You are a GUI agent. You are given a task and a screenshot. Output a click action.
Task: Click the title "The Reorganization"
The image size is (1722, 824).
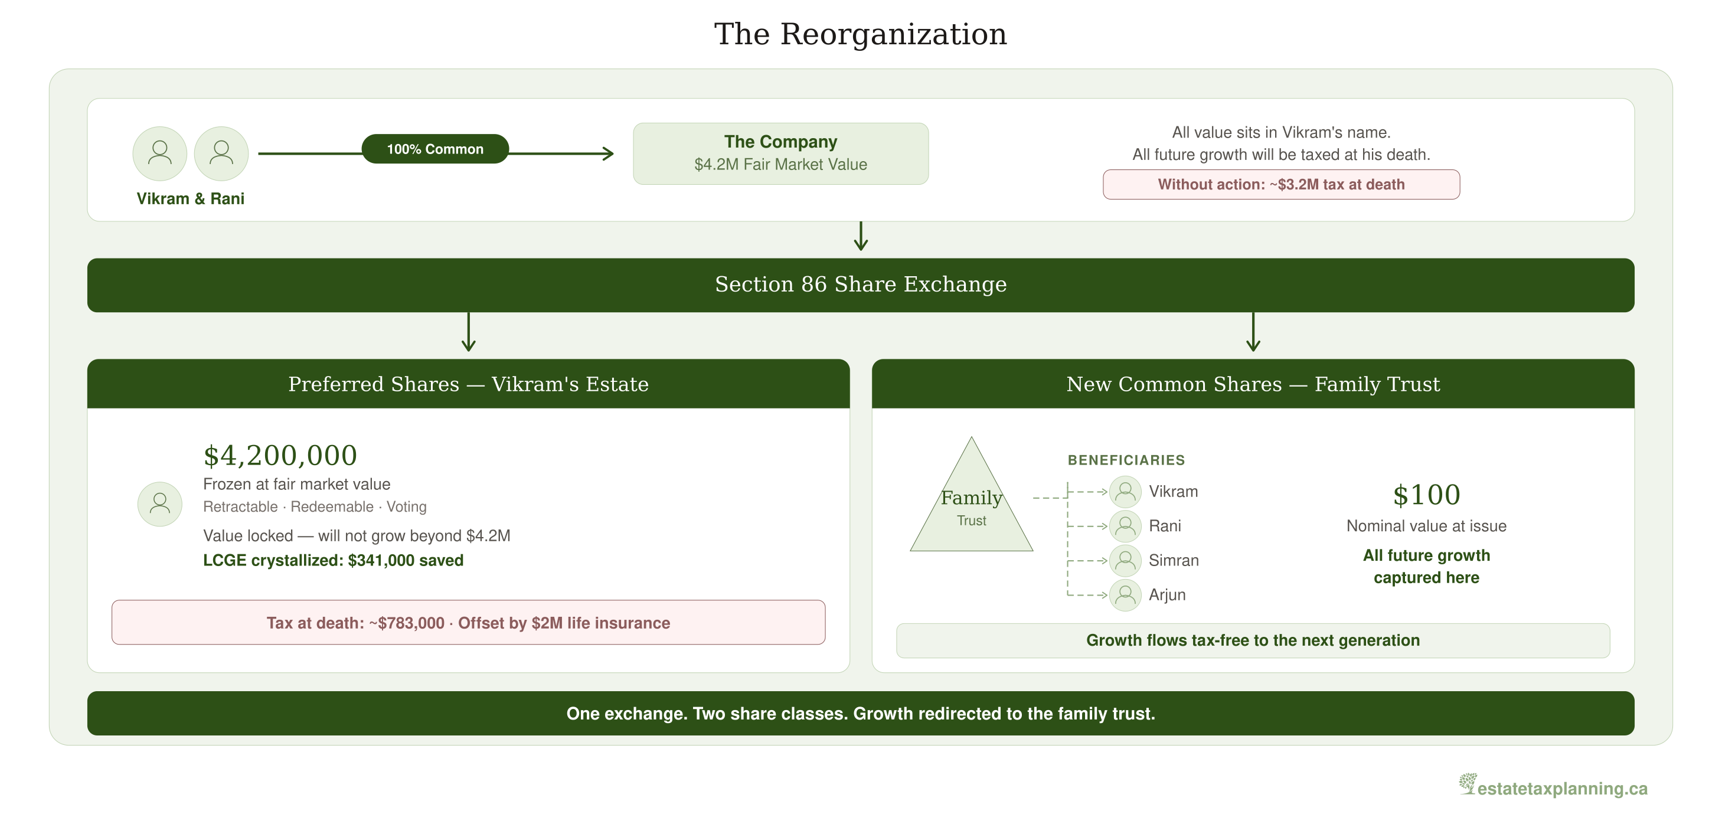[860, 34]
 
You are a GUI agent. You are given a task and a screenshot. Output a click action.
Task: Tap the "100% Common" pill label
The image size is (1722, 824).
[435, 149]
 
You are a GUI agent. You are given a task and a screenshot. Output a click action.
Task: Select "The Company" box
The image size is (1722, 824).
[781, 153]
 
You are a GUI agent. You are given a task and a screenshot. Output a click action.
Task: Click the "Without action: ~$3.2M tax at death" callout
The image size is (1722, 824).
[1281, 184]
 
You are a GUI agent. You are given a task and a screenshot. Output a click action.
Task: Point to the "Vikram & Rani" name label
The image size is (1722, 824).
[191, 198]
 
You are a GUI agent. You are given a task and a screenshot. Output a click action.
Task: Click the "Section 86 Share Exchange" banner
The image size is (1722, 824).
[861, 285]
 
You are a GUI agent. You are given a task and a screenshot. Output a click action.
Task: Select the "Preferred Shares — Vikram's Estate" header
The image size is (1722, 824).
[469, 384]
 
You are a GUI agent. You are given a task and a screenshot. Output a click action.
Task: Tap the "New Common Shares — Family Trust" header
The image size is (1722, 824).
[1253, 384]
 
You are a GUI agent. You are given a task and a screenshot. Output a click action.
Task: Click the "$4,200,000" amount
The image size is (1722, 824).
[280, 456]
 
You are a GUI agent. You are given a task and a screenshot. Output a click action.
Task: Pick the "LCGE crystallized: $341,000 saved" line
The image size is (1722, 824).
[333, 560]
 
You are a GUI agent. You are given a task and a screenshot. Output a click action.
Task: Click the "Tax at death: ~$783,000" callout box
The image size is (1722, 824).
[469, 622]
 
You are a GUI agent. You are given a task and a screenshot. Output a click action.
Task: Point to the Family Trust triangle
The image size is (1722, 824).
[971, 508]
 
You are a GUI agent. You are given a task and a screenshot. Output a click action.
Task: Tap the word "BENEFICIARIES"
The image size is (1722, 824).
[1126, 460]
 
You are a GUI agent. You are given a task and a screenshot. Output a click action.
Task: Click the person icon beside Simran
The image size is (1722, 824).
[1125, 561]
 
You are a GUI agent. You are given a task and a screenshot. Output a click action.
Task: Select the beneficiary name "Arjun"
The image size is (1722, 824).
[1167, 595]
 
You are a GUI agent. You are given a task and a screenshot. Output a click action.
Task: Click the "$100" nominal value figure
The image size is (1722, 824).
[1426, 495]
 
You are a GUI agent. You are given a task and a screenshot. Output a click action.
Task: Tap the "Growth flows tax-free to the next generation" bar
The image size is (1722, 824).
[1253, 640]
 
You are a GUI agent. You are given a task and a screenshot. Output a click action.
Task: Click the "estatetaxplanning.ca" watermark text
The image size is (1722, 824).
[1562, 789]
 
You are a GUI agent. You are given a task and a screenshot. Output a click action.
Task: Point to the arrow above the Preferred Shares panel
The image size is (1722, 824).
[469, 332]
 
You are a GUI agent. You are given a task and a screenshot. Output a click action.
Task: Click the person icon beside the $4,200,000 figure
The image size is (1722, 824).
[160, 504]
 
